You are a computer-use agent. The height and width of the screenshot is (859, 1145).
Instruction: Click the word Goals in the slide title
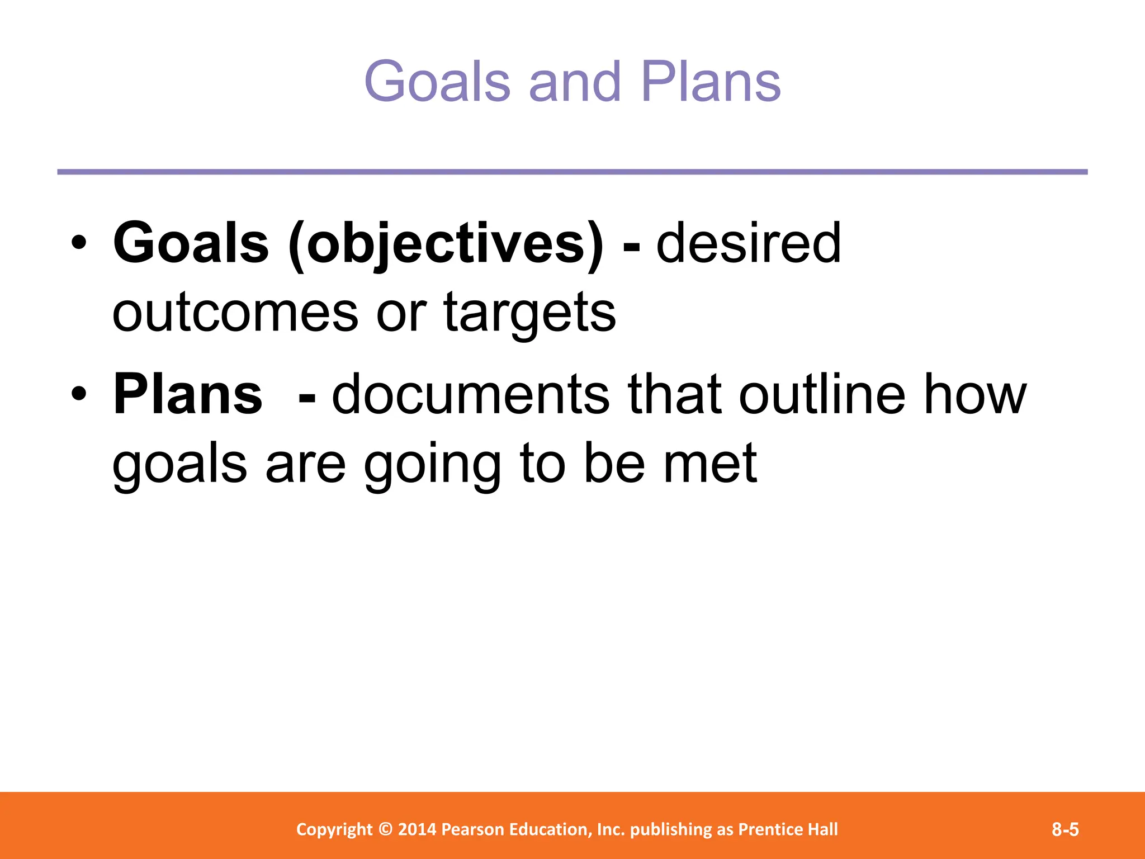[437, 82]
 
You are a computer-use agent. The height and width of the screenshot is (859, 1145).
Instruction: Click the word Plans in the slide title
[710, 82]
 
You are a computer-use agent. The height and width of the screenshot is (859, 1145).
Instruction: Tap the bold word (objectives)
[446, 244]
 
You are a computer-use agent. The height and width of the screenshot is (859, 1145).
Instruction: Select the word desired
[748, 243]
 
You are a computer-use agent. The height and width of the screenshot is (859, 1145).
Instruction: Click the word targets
[529, 313]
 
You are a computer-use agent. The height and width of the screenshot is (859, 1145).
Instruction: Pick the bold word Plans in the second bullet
[187, 395]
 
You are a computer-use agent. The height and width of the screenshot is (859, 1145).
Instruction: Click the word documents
[470, 395]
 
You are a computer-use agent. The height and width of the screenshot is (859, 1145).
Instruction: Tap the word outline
[821, 395]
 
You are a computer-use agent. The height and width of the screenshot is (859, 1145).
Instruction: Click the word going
[432, 465]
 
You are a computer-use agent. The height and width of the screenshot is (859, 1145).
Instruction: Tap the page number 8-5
[1065, 829]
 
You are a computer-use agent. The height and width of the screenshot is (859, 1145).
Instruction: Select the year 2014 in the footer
[417, 829]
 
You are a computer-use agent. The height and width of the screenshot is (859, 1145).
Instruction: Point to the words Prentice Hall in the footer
[788, 829]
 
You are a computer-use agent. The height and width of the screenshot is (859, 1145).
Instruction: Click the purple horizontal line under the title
[572, 172]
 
